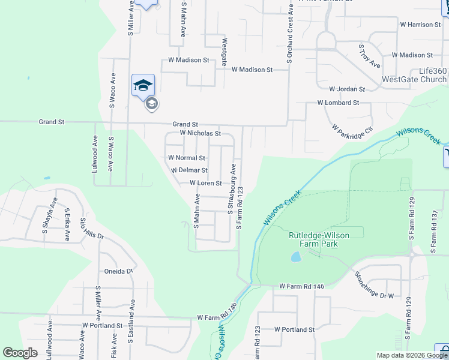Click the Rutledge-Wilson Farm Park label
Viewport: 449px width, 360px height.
coord(321,239)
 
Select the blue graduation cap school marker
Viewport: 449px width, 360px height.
coord(143,85)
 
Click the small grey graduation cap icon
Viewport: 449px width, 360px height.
coord(151,104)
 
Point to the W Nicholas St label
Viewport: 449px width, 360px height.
coord(200,133)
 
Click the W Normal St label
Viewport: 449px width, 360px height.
coord(187,158)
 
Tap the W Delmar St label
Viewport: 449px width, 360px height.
coord(190,170)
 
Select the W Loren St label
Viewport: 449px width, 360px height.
coord(206,183)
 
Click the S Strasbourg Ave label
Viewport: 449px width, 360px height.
coord(230,188)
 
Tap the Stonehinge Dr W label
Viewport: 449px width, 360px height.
coord(374,286)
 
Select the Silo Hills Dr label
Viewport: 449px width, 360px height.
coord(92,229)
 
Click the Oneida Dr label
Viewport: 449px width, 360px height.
coord(118,271)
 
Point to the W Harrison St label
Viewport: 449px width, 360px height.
coord(420,25)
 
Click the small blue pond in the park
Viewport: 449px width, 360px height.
coord(296,257)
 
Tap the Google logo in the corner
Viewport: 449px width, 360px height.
coord(20,353)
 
